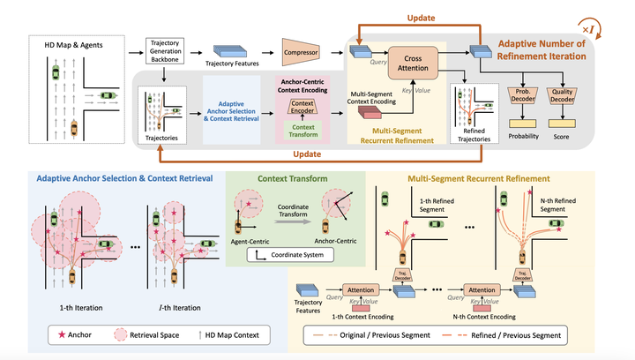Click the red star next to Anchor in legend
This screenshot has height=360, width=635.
coord(62,335)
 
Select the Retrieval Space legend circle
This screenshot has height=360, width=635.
coord(120,335)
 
